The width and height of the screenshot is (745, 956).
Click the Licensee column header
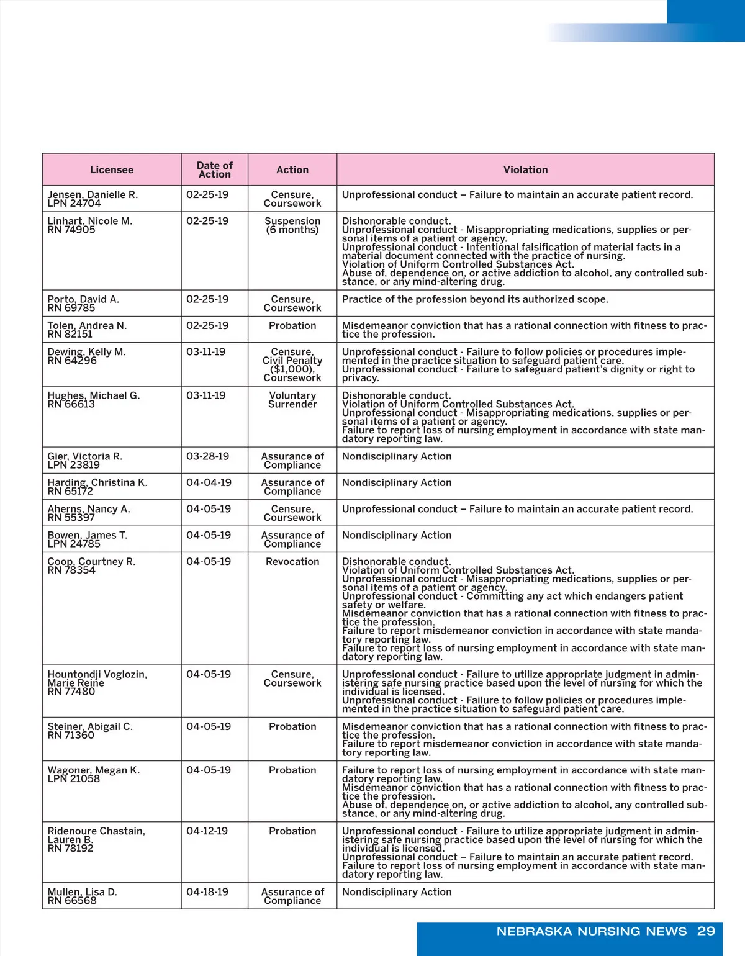[112, 169]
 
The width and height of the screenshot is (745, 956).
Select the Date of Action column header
[214, 169]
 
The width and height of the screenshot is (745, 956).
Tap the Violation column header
[525, 169]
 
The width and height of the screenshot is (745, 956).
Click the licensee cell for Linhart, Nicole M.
[90, 225]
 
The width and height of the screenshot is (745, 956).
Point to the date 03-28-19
[207, 456]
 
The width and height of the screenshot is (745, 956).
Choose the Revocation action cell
[292, 561]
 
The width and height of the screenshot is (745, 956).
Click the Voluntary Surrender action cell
[292, 400]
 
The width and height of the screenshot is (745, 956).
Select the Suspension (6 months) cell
[292, 225]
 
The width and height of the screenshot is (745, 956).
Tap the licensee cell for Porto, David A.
[83, 304]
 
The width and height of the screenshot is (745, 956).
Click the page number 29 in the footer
[706, 931]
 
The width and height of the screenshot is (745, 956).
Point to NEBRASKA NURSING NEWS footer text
[592, 931]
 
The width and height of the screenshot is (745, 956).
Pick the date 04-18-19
[207, 892]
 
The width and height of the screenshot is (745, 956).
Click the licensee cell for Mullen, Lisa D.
[82, 896]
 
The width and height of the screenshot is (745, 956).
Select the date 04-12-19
[207, 831]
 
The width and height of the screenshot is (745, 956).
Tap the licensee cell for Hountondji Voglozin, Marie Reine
[97, 683]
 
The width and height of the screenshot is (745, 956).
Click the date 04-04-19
[209, 482]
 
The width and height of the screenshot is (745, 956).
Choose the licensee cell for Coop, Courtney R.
[91, 566]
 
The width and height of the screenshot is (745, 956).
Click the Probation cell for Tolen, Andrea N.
[292, 325]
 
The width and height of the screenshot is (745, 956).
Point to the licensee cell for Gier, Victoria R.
[85, 461]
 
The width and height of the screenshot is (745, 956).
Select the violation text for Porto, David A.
[475, 299]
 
